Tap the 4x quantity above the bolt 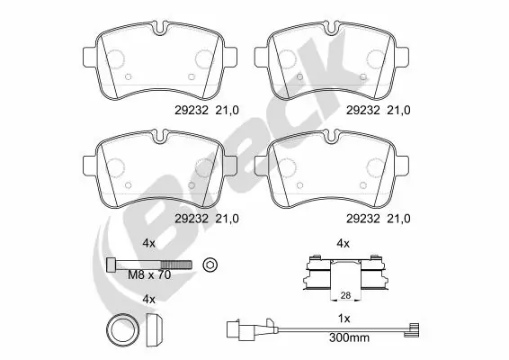pos(150,242)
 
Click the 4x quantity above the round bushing pos(150,299)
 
